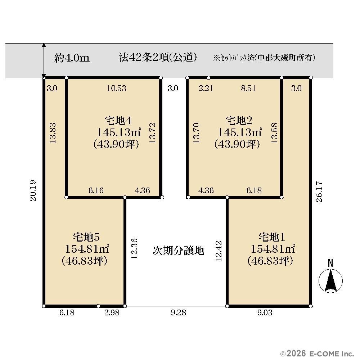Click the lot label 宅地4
[x=118, y=121]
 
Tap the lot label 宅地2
[x=239, y=121]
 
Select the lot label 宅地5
[x=86, y=237]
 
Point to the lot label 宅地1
[x=272, y=237]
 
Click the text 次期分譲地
[x=179, y=251]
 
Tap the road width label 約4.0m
[x=72, y=58]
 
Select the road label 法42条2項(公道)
[x=158, y=57]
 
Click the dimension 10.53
[x=116, y=89]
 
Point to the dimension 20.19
[x=33, y=190]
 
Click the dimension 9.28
[x=179, y=313]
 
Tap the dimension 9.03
[x=265, y=313]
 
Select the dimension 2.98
[x=112, y=313]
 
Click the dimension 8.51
[x=248, y=89]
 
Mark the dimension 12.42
[x=219, y=251]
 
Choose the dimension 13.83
[x=53, y=134]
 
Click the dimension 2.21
[x=206, y=89]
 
